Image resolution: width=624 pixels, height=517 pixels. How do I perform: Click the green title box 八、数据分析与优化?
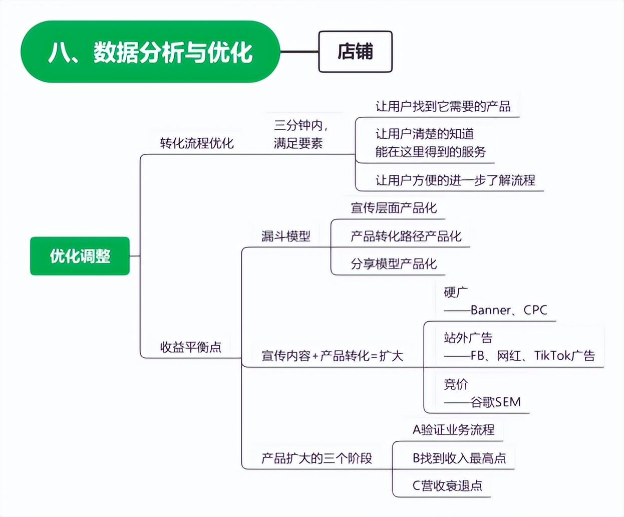[150, 52]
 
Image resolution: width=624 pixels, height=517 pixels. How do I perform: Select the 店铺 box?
[355, 52]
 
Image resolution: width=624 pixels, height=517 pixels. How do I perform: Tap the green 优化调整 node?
[80, 256]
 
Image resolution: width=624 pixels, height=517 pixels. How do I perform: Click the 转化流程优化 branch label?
[197, 143]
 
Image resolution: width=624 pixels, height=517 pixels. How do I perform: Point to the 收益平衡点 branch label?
[190, 347]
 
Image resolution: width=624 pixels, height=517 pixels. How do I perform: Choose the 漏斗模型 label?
[285, 236]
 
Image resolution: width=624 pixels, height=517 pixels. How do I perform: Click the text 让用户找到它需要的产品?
[443, 106]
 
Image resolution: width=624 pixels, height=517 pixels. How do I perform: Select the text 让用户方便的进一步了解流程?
[455, 180]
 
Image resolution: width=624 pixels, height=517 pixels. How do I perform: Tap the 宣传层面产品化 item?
[394, 208]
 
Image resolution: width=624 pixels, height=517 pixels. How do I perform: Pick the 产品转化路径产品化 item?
[406, 236]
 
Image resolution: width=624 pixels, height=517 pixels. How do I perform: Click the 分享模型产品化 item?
[394, 264]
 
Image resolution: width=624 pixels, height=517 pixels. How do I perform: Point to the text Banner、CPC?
[508, 310]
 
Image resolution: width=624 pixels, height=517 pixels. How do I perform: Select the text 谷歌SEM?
[495, 402]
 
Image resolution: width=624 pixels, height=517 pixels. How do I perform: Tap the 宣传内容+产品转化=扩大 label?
[332, 356]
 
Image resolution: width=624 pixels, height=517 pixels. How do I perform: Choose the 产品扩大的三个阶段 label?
[317, 458]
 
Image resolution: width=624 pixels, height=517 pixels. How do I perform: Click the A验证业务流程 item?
[453, 429]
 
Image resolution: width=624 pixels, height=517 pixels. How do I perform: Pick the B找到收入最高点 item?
[459, 458]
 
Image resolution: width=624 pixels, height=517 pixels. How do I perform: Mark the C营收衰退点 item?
[447, 485]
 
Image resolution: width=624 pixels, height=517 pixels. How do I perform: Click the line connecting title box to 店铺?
[299, 52]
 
